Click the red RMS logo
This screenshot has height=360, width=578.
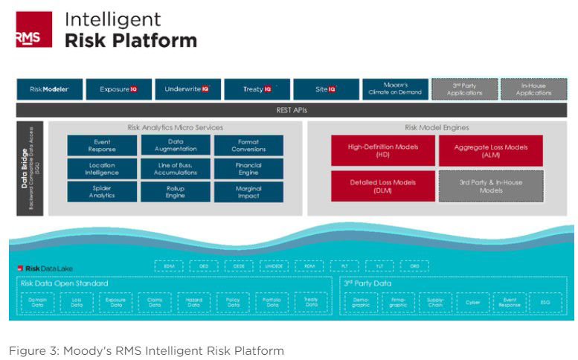pyautogui.click(x=33, y=30)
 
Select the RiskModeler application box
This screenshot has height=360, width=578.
pyautogui.click(x=50, y=89)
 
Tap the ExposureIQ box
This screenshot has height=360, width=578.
pyautogui.click(x=119, y=89)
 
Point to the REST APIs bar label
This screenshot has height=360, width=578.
pyautogui.click(x=292, y=110)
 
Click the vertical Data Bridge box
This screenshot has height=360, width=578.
pyautogui.click(x=30, y=168)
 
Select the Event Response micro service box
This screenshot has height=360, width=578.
pyautogui.click(x=102, y=145)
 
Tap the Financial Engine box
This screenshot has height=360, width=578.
pyautogui.click(x=248, y=168)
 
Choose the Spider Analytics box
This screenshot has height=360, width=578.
pyautogui.click(x=102, y=192)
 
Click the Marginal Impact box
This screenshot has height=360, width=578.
pyautogui.click(x=248, y=192)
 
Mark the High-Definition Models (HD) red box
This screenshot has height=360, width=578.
pyautogui.click(x=382, y=150)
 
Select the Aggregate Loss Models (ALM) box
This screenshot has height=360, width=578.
pyautogui.click(x=491, y=150)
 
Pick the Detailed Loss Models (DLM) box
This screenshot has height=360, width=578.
pyautogui.click(x=382, y=186)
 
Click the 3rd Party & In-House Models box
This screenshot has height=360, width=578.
pyautogui.click(x=491, y=186)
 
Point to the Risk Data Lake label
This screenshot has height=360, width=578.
pyautogui.click(x=45, y=268)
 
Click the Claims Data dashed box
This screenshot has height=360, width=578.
pyautogui.click(x=155, y=302)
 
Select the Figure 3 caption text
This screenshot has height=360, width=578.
pyautogui.click(x=146, y=350)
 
